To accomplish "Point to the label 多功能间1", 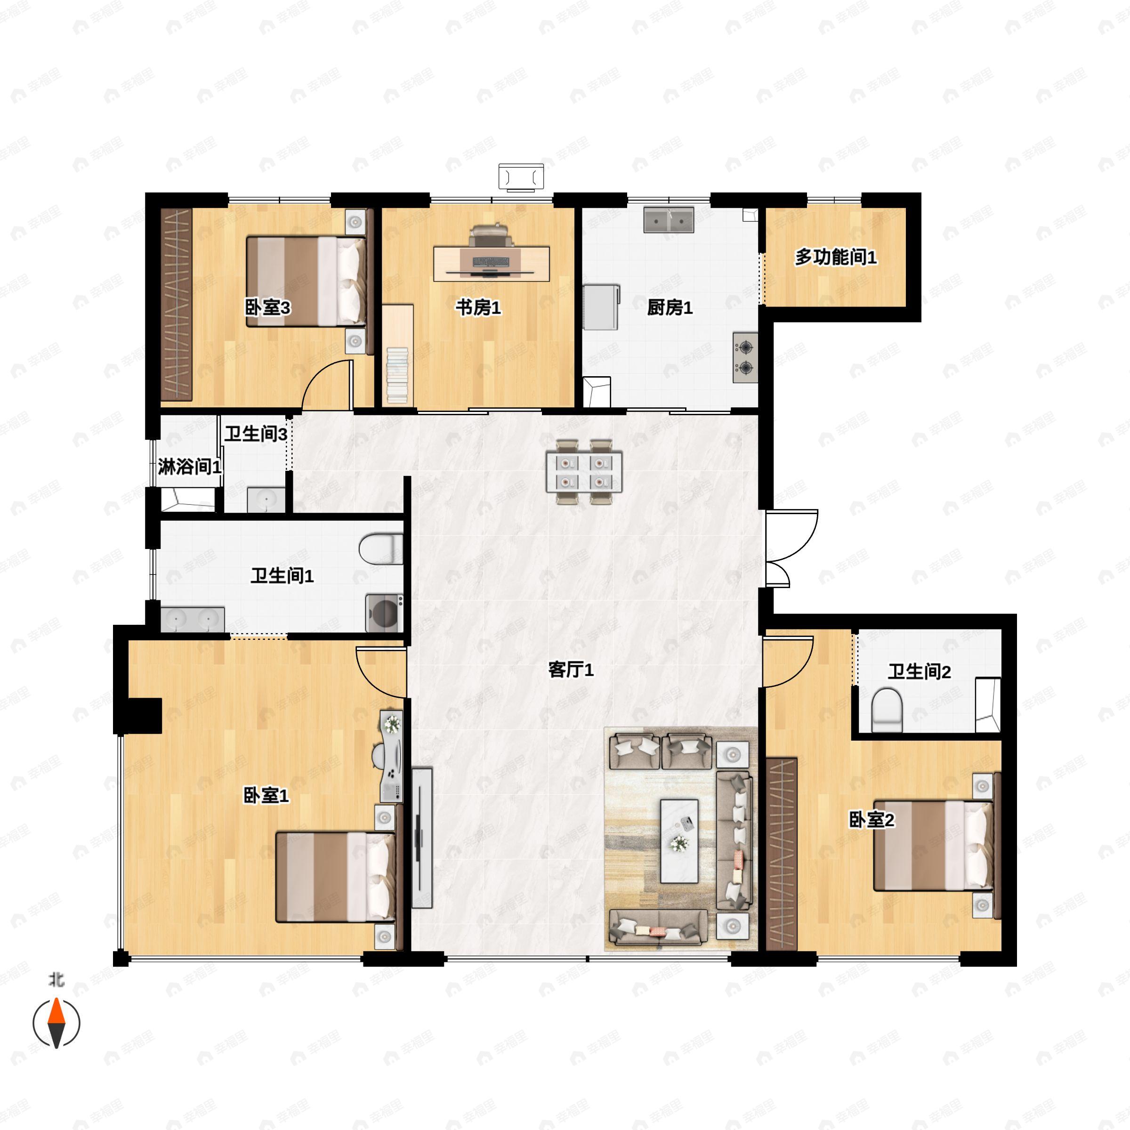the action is (x=836, y=258).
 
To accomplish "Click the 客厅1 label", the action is (x=571, y=670).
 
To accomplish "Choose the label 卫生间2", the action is (x=920, y=671).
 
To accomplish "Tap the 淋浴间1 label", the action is (x=189, y=467).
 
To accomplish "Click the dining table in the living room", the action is (x=584, y=471).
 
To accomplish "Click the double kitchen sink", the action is (x=669, y=219).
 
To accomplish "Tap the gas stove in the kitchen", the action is (x=745, y=358).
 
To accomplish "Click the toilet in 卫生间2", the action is (x=887, y=710).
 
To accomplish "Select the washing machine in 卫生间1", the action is (x=384, y=613).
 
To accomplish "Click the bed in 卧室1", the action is (x=335, y=877).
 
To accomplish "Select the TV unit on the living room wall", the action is (x=422, y=838).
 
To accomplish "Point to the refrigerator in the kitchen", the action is (x=601, y=307).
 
